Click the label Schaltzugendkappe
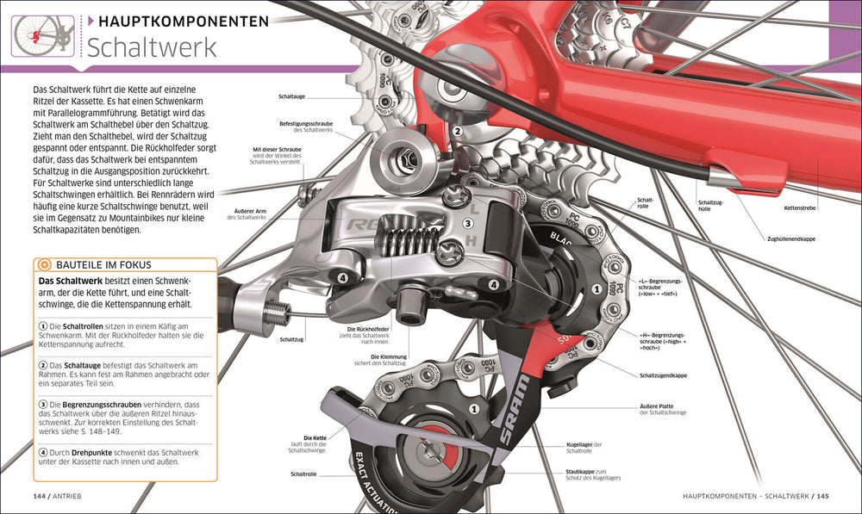pos(663,375)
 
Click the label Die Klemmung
pos(387,356)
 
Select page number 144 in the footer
pos(42,496)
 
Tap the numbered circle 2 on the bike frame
pos(458,132)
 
